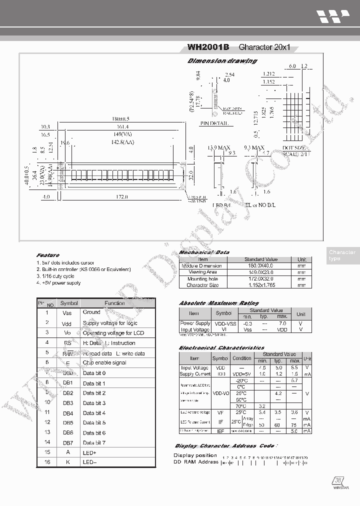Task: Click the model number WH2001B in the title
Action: [x=208, y=47]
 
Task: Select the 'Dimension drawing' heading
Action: [x=222, y=61]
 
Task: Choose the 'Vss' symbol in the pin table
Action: [x=67, y=312]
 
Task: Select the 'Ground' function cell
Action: [x=91, y=312]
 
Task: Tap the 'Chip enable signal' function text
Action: [x=104, y=362]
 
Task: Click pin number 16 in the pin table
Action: [x=47, y=462]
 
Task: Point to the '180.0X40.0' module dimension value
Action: [x=260, y=266]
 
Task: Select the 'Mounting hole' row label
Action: [x=202, y=279]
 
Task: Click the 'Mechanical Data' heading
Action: [x=204, y=252]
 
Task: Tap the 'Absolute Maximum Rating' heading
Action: [x=219, y=303]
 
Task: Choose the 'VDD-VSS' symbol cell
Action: [x=223, y=323]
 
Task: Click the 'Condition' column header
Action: [x=242, y=358]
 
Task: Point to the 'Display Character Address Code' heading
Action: [x=224, y=445]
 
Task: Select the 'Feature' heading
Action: [x=47, y=255]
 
